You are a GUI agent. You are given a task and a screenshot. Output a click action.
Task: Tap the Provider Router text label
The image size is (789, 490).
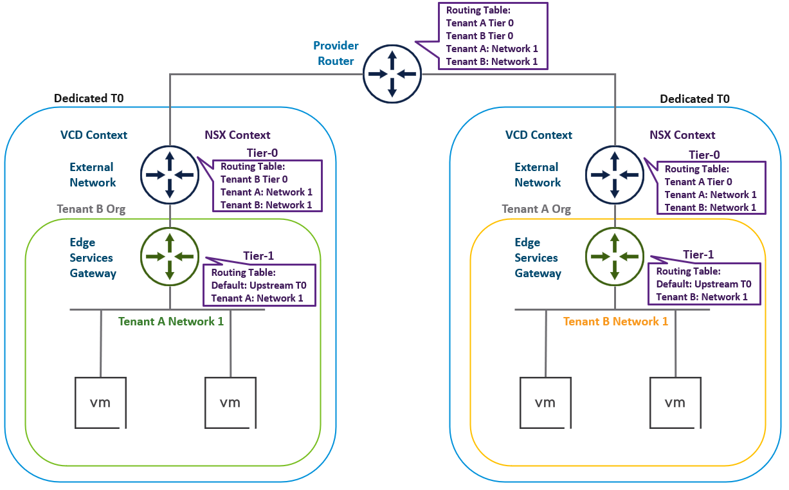pos(336,53)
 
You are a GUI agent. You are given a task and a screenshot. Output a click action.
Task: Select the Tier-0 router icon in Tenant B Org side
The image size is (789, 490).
pos(169,174)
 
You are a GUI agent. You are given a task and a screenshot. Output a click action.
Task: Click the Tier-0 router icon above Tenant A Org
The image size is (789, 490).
pos(614,174)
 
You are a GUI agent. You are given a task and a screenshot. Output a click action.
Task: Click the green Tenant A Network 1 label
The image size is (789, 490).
pos(171,322)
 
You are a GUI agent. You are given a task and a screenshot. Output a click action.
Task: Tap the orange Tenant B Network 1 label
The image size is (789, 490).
pos(615,322)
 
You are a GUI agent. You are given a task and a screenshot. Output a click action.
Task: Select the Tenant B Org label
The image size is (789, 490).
pos(91,209)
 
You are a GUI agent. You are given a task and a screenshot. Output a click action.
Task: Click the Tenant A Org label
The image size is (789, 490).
pos(536,209)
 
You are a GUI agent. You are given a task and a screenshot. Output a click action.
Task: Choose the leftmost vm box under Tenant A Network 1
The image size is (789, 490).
pos(100,403)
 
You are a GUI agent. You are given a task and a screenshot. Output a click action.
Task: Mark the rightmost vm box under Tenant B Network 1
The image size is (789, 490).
pos(675,403)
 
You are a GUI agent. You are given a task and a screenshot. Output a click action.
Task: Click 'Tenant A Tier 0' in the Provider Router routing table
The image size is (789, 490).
pos(480,23)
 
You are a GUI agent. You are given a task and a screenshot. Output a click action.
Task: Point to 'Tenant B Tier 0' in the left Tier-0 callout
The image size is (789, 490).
pos(254,179)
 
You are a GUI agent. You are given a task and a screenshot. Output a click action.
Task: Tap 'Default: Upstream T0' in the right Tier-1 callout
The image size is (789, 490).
pos(703,284)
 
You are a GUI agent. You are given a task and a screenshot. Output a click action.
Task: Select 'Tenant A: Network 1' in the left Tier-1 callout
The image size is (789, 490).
pos(257,298)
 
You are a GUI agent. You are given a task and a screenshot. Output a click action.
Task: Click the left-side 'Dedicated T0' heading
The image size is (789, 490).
pos(89,98)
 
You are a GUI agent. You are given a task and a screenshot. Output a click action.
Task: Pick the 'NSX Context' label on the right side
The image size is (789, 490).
pos(682,135)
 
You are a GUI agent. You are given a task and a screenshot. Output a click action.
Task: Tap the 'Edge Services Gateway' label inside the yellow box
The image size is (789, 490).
pos(538,258)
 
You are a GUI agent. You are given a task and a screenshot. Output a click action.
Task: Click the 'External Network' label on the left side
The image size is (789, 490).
pos(93,175)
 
